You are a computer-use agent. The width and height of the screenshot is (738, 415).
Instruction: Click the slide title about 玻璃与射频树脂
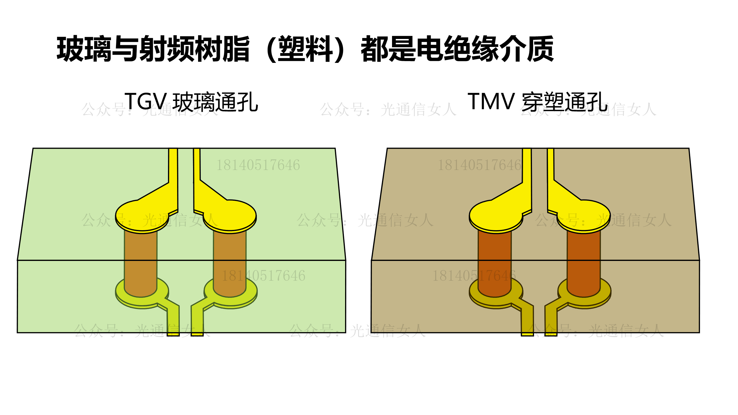[305, 49]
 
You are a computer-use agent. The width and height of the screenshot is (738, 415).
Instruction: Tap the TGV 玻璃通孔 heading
[191, 102]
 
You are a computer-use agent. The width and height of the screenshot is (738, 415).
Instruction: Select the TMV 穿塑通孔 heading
[538, 102]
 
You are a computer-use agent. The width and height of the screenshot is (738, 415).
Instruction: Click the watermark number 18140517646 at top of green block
[258, 165]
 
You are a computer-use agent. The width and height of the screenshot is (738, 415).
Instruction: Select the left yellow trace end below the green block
[173, 333]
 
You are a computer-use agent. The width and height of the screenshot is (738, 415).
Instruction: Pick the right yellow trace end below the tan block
[551, 333]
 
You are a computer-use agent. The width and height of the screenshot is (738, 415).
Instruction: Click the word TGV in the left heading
[146, 102]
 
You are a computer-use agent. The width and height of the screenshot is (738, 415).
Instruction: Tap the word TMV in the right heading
[491, 102]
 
